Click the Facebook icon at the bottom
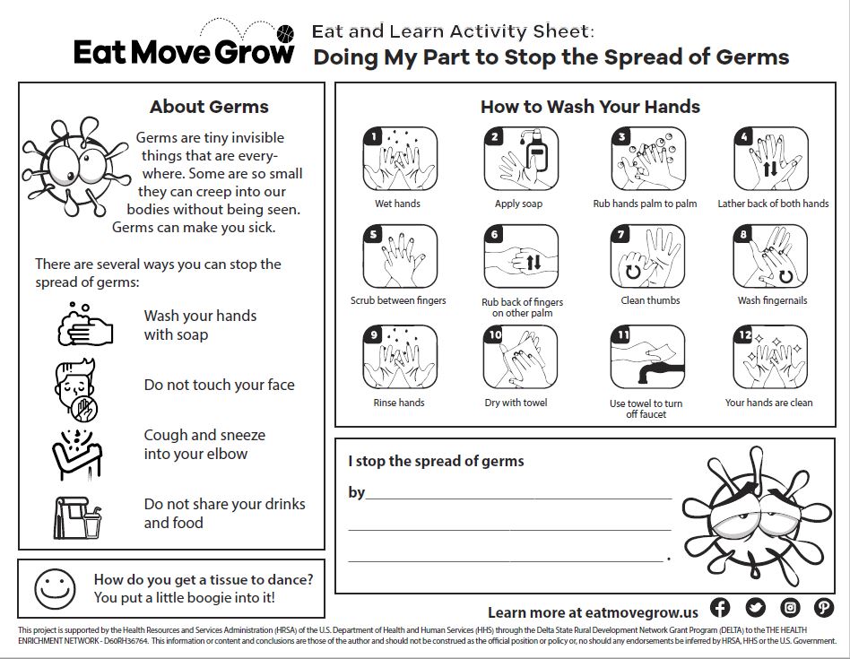point(720,608)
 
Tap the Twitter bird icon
point(755,608)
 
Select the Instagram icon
point(790,608)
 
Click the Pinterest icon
point(824,608)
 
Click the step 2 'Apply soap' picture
point(520,160)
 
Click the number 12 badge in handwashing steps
point(743,335)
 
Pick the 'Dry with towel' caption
point(516,403)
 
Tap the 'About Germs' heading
point(209,107)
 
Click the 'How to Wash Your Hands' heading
point(590,107)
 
